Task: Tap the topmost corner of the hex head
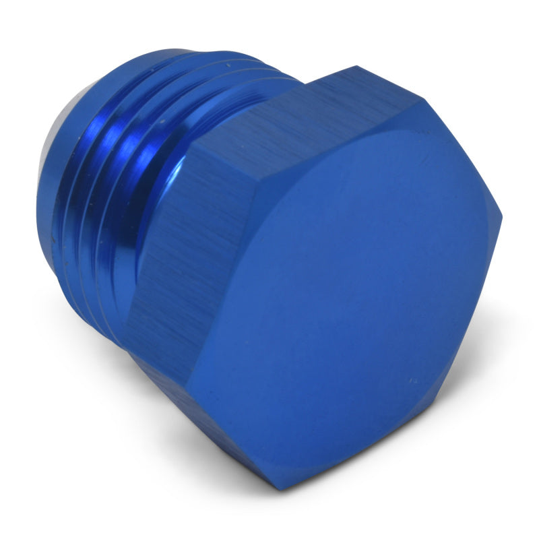(354, 67)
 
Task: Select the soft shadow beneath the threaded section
(94, 337)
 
